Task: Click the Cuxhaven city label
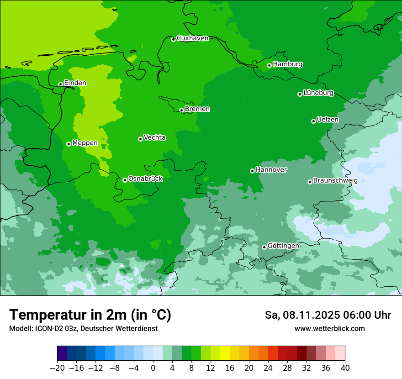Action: (192, 38)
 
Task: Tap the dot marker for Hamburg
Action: (269, 65)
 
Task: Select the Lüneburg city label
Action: (318, 93)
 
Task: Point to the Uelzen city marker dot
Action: (313, 121)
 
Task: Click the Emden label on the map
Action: (75, 83)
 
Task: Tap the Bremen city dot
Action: (181, 110)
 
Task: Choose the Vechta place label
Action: (154, 137)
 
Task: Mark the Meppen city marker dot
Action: (69, 144)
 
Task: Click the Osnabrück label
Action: (145, 179)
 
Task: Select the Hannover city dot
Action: (252, 171)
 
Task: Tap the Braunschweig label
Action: (335, 181)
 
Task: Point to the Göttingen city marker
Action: (264, 247)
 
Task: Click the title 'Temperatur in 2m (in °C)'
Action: (90, 315)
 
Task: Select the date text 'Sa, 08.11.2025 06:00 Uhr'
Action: (328, 315)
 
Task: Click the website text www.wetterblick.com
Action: (329, 329)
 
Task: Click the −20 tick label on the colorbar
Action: (57, 368)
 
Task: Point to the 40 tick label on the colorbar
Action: (345, 368)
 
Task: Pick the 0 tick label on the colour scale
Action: (153, 368)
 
